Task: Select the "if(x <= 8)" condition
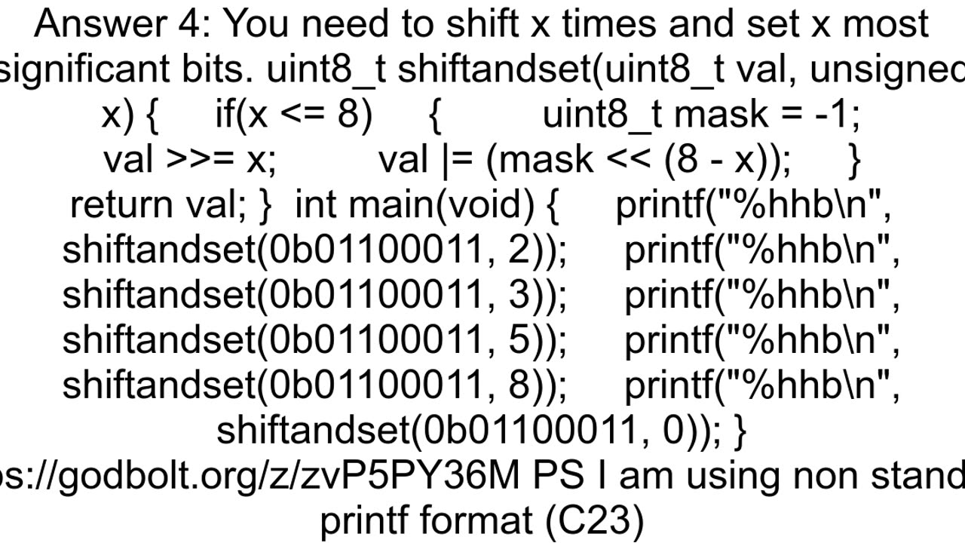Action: (x=293, y=114)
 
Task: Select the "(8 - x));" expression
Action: (x=728, y=159)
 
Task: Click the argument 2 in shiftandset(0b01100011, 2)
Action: (x=520, y=250)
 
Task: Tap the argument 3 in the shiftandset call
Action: (x=520, y=295)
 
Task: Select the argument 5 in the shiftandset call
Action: (x=520, y=340)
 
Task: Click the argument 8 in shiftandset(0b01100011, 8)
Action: (x=520, y=385)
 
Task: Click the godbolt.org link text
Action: (x=249, y=476)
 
